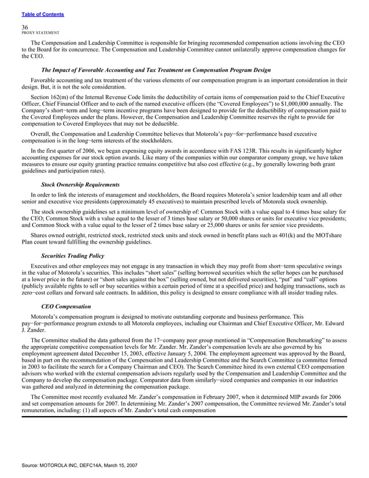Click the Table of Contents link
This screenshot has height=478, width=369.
pos(42,14)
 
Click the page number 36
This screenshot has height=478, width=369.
pos(24,27)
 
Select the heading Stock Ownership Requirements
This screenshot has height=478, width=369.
pos(80,184)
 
